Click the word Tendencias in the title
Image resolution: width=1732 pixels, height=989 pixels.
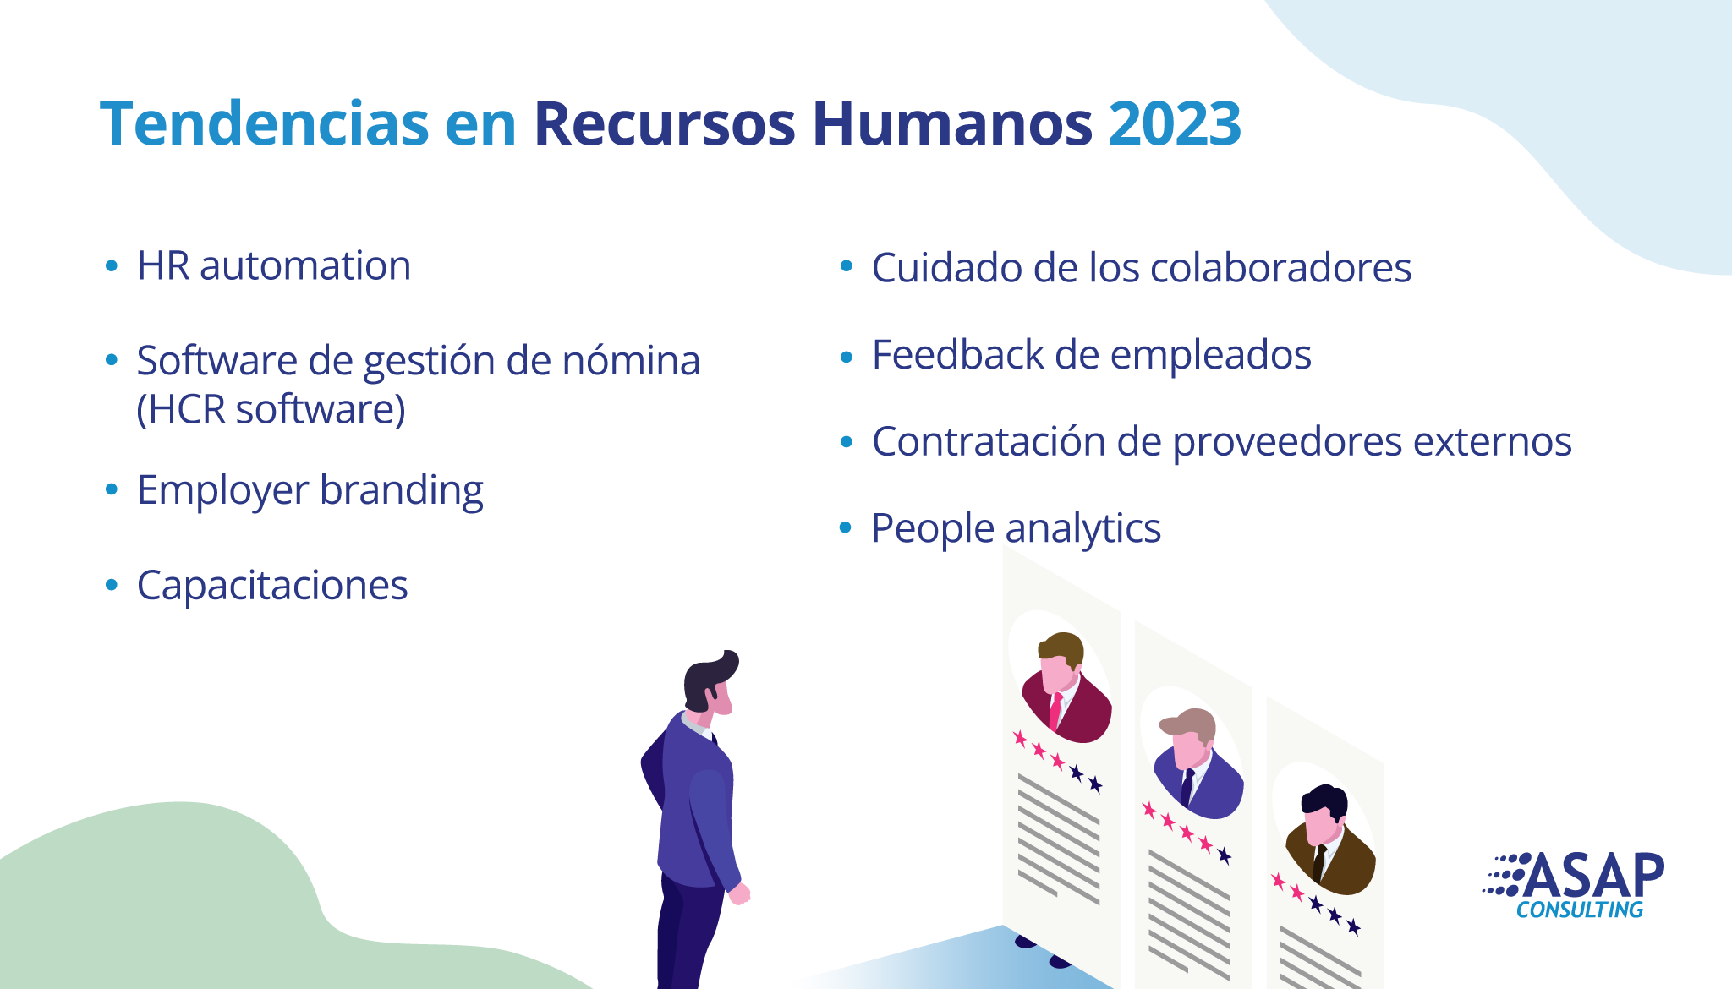click(x=265, y=123)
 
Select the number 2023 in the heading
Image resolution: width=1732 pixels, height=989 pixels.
click(x=1175, y=123)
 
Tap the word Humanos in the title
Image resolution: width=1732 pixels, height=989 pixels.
click(x=952, y=123)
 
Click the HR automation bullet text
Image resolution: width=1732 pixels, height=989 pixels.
click(x=274, y=265)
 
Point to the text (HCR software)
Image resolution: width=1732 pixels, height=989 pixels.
click(x=271, y=409)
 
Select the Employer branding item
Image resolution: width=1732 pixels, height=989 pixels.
click(x=310, y=490)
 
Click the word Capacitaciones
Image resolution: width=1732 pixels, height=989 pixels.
click(x=272, y=585)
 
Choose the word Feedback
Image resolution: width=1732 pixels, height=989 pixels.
click(x=957, y=354)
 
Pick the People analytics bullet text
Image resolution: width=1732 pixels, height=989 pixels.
click(x=1016, y=529)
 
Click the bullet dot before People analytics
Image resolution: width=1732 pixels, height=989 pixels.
click(x=846, y=528)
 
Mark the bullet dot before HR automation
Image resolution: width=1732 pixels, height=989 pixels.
click(x=112, y=265)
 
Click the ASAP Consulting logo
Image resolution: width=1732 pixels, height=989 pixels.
click(x=1573, y=885)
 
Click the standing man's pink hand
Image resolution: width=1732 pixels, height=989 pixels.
click(x=740, y=893)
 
